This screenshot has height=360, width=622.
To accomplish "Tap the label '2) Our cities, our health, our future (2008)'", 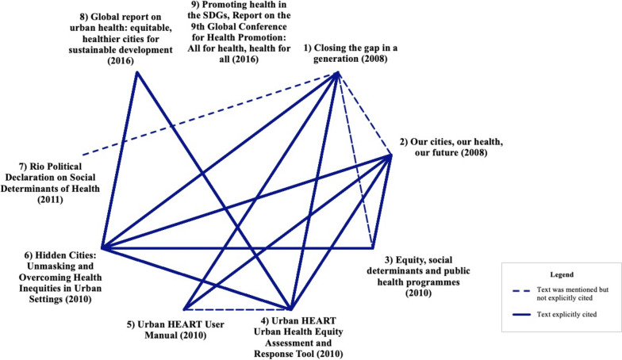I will [x=451, y=147].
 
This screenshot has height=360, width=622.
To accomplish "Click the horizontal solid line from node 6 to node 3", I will [x=238, y=248].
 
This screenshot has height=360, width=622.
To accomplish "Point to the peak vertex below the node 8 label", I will [x=137, y=73].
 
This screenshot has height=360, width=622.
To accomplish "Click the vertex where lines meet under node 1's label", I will [x=339, y=74].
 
